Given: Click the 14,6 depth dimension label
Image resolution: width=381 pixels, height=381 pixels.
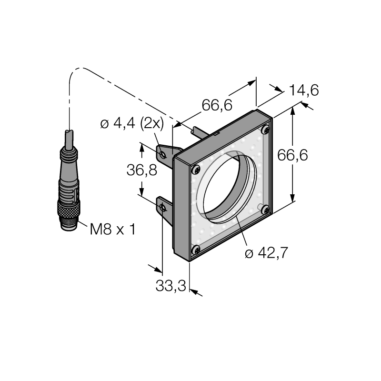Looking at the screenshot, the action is tap(304, 90).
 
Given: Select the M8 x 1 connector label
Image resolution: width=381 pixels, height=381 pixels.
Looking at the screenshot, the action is tap(112, 229).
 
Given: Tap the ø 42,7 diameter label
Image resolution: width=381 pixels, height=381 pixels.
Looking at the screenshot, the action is tap(266, 253).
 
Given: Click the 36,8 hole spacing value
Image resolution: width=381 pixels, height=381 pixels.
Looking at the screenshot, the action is tap(141, 170).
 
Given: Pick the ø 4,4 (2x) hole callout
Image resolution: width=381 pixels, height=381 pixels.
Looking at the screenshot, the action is tap(132, 124).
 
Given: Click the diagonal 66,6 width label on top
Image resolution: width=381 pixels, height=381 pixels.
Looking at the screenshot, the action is tap(217, 105).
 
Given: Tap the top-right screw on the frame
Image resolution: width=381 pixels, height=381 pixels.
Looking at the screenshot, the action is tap(266, 130).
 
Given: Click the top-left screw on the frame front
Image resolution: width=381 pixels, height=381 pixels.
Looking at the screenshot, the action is tap(196, 170).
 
